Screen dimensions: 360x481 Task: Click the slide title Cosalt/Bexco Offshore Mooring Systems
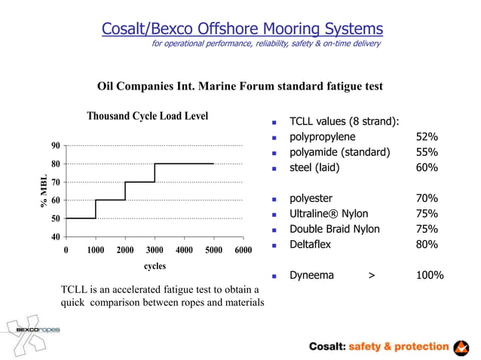point(242,29)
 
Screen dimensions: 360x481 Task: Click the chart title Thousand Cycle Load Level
point(147,116)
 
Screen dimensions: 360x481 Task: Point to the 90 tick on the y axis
point(56,145)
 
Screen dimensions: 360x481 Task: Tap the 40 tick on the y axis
point(56,236)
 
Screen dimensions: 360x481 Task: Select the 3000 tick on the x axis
point(155,249)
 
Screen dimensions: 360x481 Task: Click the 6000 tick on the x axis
point(242,249)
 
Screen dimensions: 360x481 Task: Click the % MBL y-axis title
point(44,191)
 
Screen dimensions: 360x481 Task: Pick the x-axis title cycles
point(155,266)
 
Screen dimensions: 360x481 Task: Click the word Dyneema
point(311,276)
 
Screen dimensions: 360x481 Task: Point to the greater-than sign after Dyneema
point(371,276)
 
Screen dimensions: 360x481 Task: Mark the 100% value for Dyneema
point(430,276)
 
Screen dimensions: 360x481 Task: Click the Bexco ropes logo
point(35,329)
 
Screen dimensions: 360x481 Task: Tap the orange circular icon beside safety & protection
point(461,346)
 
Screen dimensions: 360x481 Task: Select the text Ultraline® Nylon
point(326,214)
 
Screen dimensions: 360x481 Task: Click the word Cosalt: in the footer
point(327,346)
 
